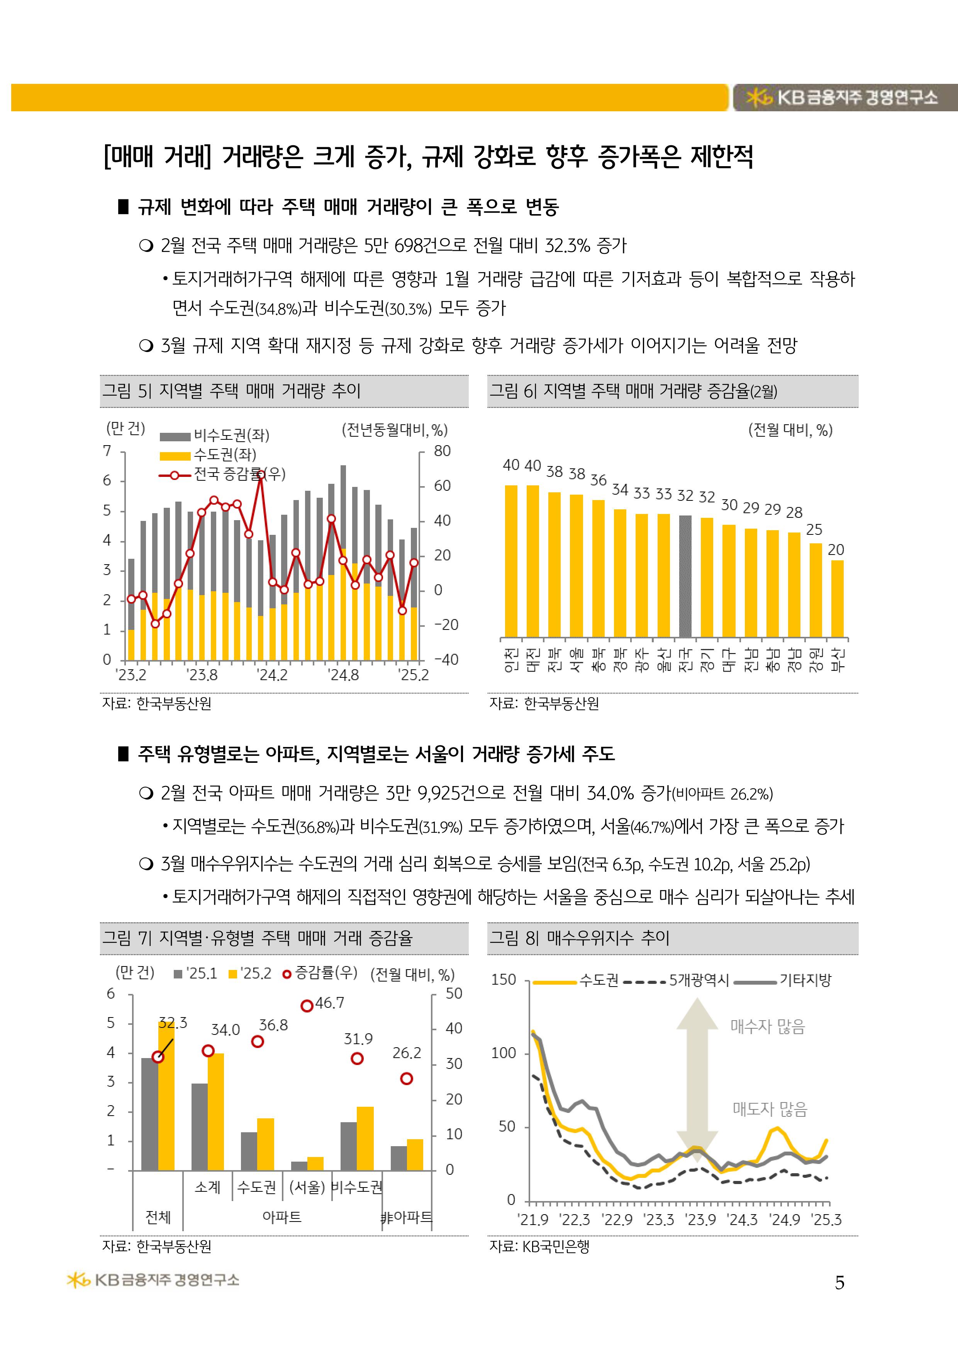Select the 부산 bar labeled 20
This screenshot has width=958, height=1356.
(837, 598)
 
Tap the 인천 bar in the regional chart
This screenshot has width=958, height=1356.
(511, 561)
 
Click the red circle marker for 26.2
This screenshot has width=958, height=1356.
(407, 1079)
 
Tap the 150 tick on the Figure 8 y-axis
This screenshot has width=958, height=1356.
(504, 980)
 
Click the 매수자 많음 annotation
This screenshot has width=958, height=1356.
(767, 1027)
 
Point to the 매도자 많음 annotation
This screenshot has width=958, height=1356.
(770, 1110)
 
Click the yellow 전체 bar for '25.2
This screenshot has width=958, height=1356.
(166, 1096)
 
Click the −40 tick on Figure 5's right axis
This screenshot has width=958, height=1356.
(446, 660)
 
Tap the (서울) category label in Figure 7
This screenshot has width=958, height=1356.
(307, 1187)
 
